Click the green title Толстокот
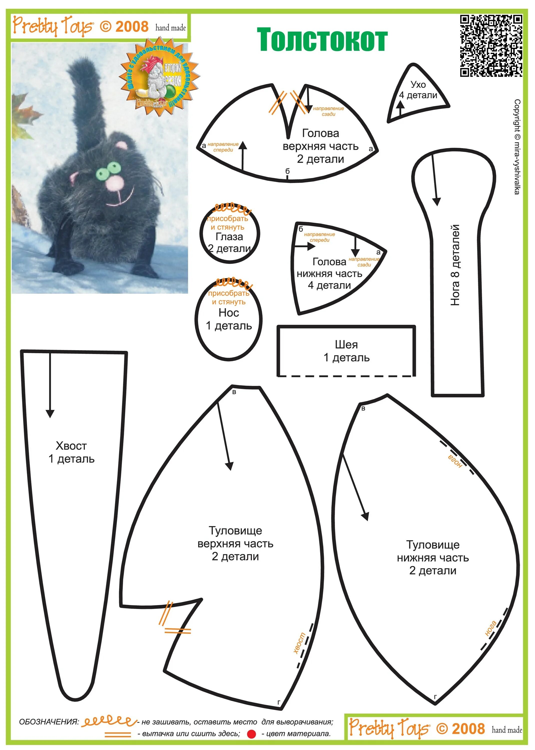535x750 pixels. (322, 40)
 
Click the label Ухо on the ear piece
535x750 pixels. (418, 84)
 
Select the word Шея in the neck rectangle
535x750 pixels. (346, 345)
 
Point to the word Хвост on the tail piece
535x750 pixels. (71, 446)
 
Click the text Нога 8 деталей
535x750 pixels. (455, 265)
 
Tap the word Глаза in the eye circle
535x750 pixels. (229, 237)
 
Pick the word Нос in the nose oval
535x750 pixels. (229, 312)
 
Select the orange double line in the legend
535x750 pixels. (118, 734)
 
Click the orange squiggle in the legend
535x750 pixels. (109, 722)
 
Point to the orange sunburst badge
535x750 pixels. (159, 77)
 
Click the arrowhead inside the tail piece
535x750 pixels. (50, 413)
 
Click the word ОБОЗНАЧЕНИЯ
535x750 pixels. (49, 722)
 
